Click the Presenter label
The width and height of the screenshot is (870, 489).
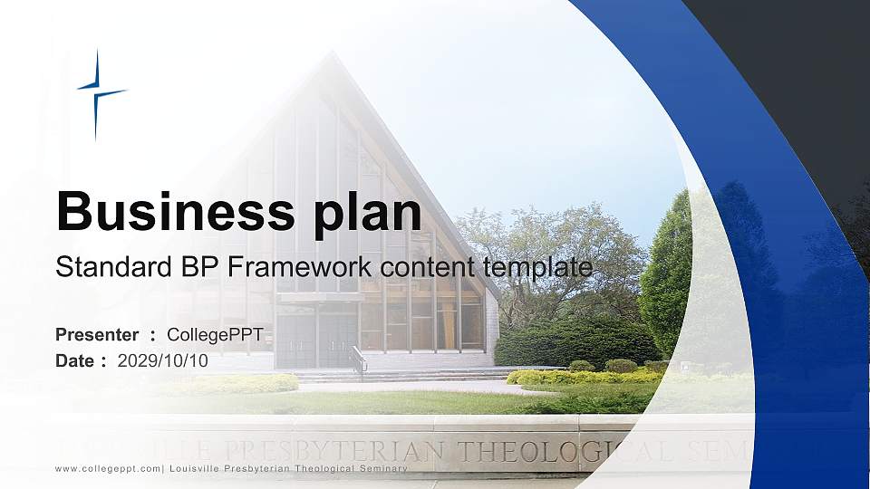tap(97, 335)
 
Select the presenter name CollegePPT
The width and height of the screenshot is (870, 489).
tap(215, 335)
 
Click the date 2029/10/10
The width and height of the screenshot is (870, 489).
tap(163, 360)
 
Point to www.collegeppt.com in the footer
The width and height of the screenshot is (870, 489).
tap(108, 468)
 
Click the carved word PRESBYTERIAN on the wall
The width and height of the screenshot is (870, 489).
tap(345, 450)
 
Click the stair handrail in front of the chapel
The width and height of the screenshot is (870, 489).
tap(359, 360)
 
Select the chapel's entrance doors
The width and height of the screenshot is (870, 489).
tap(316, 340)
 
